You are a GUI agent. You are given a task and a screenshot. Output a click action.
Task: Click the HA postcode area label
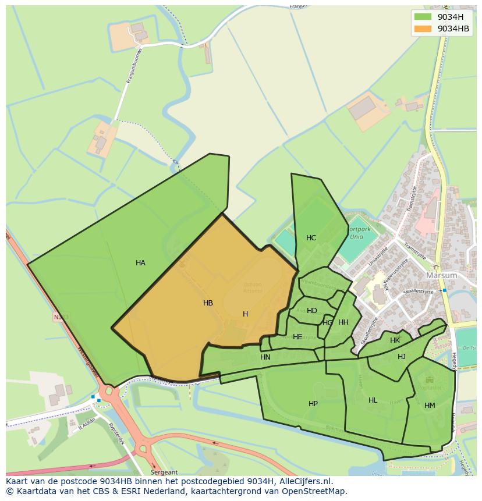click(x=140, y=263)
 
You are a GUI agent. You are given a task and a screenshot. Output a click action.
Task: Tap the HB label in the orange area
click(x=208, y=303)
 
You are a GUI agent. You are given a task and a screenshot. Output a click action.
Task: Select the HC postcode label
click(x=311, y=238)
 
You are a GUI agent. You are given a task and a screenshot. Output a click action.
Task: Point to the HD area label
click(x=312, y=311)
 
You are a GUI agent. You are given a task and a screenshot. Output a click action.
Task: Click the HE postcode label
click(x=297, y=337)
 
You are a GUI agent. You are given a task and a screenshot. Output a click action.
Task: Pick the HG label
click(x=328, y=323)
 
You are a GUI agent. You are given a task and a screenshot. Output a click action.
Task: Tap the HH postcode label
click(x=343, y=322)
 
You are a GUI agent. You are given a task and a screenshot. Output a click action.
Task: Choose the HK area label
click(x=395, y=340)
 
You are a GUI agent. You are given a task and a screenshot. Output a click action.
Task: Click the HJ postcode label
click(x=402, y=357)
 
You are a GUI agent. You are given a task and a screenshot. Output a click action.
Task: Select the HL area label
click(x=373, y=400)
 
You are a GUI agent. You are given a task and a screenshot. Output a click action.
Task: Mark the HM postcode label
click(x=430, y=406)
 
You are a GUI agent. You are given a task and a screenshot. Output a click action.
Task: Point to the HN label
click(x=265, y=357)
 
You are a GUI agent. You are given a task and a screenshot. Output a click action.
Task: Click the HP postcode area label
click(x=313, y=404)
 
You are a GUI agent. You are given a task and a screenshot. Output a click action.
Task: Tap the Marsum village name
click(x=442, y=275)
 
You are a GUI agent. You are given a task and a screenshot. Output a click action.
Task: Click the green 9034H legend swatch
click(x=423, y=17)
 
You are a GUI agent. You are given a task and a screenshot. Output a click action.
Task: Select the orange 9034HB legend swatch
click(x=423, y=29)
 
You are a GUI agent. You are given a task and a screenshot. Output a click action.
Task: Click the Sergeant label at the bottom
click(x=164, y=472)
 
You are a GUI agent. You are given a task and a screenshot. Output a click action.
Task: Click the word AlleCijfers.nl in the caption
click(x=303, y=481)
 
